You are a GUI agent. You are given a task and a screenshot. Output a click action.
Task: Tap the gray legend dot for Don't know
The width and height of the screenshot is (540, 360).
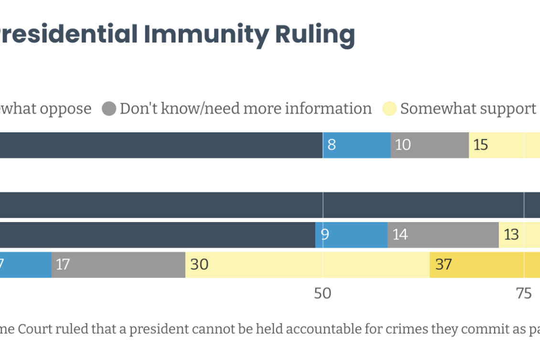pos(109,109)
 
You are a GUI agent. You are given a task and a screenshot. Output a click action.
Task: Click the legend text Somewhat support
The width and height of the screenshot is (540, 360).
pos(468,109)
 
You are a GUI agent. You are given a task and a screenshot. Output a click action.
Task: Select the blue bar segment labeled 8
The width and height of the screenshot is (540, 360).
pos(357,145)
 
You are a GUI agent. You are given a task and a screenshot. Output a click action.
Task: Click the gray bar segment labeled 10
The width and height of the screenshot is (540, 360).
pos(430,145)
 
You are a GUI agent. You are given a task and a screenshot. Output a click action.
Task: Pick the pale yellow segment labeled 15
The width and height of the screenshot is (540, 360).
pos(504,145)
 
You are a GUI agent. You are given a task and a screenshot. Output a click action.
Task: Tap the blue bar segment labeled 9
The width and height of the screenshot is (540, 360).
pos(351,235)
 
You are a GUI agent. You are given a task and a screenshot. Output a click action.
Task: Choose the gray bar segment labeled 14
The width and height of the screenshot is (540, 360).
pos(443,235)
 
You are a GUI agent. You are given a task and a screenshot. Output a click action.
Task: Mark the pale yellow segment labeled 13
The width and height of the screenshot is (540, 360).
pos(519,235)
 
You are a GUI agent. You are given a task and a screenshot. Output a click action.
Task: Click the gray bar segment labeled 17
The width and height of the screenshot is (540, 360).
pos(118,265)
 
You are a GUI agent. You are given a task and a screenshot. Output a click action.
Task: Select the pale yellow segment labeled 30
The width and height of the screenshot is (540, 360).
pos(307,265)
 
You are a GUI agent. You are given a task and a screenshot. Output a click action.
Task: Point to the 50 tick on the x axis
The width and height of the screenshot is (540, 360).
pos(322,294)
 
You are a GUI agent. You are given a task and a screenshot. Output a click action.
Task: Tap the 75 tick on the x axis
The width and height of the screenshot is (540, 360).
pos(524,294)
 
